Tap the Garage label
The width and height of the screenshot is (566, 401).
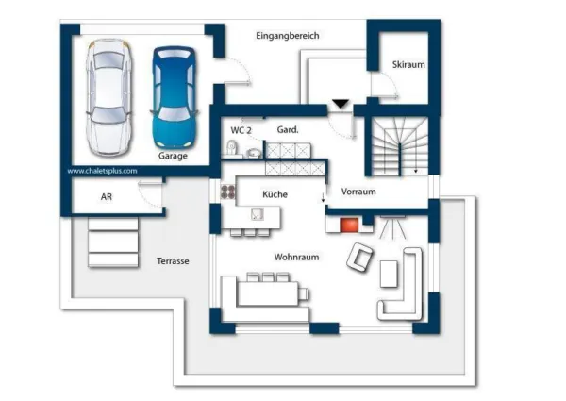(x=173, y=156)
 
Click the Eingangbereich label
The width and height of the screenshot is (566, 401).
(x=288, y=36)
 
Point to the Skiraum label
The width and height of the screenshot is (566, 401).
(x=408, y=64)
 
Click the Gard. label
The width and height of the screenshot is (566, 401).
(x=288, y=129)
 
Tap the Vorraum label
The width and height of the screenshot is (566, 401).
(x=358, y=192)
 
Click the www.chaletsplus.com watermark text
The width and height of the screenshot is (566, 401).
(x=102, y=172)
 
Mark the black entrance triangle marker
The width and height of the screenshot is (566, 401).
(x=340, y=103)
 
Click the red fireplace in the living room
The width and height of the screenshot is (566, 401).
(x=349, y=225)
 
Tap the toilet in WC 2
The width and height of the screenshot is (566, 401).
(x=232, y=147)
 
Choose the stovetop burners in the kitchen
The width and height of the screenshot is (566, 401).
(x=227, y=192)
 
